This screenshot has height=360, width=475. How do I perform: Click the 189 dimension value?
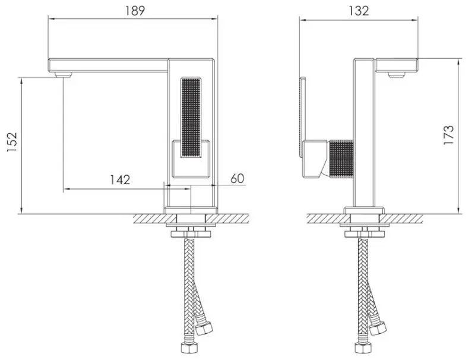coord(134,10)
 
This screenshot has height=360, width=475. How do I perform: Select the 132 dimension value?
coord(359,10)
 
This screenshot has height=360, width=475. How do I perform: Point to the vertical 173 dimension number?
coord(449,135)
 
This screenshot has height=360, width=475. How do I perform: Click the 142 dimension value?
coord(120,179)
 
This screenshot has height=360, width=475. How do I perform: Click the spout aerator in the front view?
coord(62,75)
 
